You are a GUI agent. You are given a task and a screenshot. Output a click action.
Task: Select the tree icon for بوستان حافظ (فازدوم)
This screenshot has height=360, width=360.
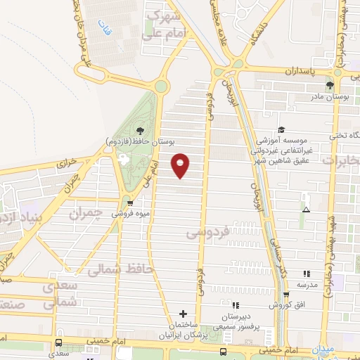141,130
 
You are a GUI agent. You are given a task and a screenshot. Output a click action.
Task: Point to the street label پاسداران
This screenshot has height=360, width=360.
303,72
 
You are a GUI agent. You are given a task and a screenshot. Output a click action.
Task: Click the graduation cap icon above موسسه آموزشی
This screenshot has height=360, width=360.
281,129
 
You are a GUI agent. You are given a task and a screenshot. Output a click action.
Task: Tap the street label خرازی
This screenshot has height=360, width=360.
65,164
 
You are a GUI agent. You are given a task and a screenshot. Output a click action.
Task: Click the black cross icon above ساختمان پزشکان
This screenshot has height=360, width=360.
184,314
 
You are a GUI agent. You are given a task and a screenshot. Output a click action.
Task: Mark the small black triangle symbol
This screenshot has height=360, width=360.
305,210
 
